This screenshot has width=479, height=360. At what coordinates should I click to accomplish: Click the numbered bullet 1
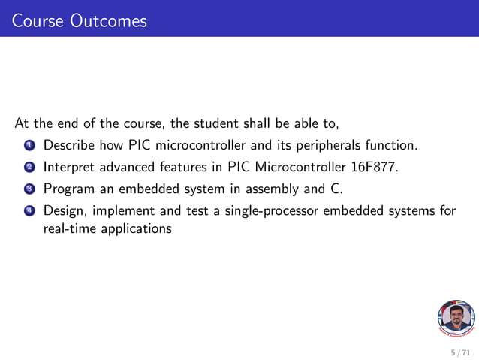click(x=29, y=144)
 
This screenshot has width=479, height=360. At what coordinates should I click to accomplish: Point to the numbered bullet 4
click(x=29, y=212)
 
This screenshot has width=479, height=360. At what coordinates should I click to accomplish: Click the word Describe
click(x=69, y=144)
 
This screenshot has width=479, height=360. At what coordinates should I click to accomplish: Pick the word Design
click(x=63, y=212)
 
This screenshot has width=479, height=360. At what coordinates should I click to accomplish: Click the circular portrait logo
click(x=456, y=319)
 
